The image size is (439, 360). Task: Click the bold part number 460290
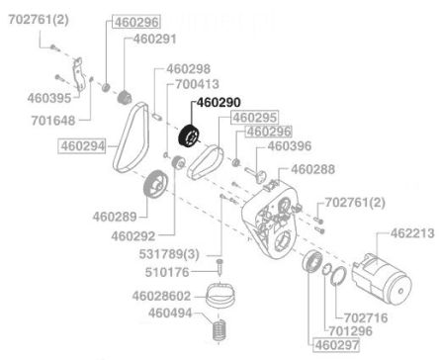pyautogui.click(x=219, y=103)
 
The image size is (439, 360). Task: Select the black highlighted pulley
pyautogui.click(x=189, y=136)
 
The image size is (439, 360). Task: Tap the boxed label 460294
pyautogui.click(x=82, y=146)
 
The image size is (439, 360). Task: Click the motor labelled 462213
pyautogui.click(x=382, y=280)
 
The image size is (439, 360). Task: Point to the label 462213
pyautogui.click(x=412, y=233)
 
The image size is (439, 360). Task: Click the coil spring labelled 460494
pyautogui.click(x=219, y=329)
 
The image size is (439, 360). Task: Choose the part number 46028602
pyautogui.click(x=161, y=296)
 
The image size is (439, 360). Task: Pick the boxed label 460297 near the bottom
pyautogui.click(x=336, y=345)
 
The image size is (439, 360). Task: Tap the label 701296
pyautogui.click(x=350, y=330)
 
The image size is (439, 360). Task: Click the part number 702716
pyautogui.click(x=366, y=318)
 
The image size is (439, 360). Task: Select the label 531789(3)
pyautogui.click(x=169, y=254)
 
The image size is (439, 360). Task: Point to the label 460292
pyautogui.click(x=132, y=236)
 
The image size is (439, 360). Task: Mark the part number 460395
pyautogui.click(x=49, y=98)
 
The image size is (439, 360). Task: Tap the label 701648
pyautogui.click(x=53, y=121)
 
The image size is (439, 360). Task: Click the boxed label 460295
pyautogui.click(x=255, y=118)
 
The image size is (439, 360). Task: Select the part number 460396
pyautogui.click(x=290, y=146)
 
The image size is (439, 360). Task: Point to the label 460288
pyautogui.click(x=312, y=169)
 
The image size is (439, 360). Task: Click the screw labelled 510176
pyautogui.click(x=219, y=267)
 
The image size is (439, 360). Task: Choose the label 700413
pyautogui.click(x=197, y=84)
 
